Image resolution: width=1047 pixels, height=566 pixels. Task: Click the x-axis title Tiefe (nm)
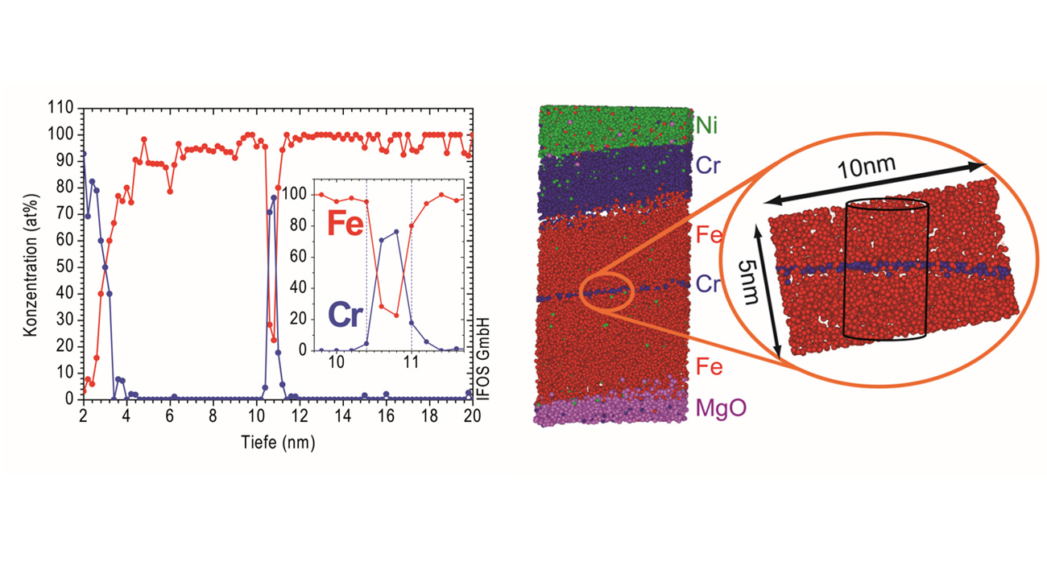277,442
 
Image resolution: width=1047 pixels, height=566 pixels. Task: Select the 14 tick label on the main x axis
343,415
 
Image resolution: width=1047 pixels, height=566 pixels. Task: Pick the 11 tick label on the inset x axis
411,361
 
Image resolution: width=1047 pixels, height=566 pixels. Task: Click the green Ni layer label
708,126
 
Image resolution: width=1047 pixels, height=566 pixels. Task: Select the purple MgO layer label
722,408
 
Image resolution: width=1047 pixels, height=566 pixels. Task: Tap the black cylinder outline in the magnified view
885,270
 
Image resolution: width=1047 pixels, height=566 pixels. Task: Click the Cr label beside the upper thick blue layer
708,166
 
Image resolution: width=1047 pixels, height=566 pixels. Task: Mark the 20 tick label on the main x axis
473,415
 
